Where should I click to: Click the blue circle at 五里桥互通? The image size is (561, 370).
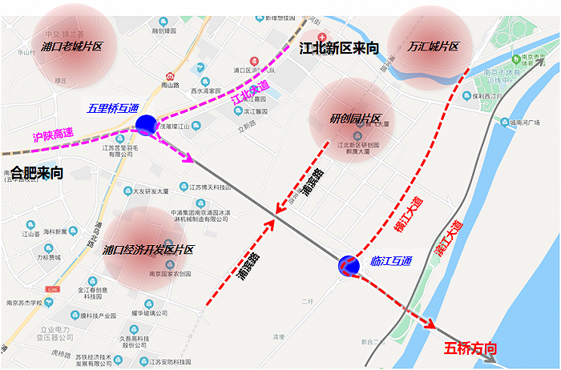pyautogui.click(x=147, y=124)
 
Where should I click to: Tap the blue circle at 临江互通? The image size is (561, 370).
pyautogui.click(x=349, y=265)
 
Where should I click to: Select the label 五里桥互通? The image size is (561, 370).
pyautogui.click(x=112, y=108)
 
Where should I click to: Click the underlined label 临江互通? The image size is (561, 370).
pyautogui.click(x=391, y=260)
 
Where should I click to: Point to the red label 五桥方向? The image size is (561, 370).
pyautogui.click(x=470, y=348)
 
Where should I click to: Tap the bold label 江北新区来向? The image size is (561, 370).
pyautogui.click(x=339, y=48)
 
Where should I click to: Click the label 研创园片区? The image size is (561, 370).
pyautogui.click(x=354, y=119)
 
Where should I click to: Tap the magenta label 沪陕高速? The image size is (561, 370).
pyautogui.click(x=53, y=138)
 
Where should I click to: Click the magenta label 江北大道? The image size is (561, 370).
pyautogui.click(x=251, y=95)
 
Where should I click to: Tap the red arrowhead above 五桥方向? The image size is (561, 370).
pyautogui.click(x=430, y=325)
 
